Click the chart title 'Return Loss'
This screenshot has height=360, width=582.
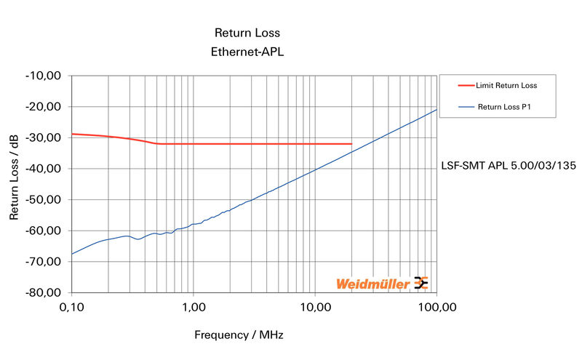click(247, 33)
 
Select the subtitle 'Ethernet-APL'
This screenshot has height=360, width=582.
click(247, 52)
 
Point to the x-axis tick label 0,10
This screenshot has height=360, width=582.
click(72, 308)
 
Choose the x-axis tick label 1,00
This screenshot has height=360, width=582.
click(194, 308)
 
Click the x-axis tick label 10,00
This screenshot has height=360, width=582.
click(315, 308)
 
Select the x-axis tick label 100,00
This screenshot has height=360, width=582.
click(436, 308)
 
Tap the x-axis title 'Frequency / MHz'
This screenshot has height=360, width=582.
click(239, 335)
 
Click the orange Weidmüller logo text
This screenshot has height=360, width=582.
click(372, 284)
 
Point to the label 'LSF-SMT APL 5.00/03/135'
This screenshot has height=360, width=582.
click(509, 166)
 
